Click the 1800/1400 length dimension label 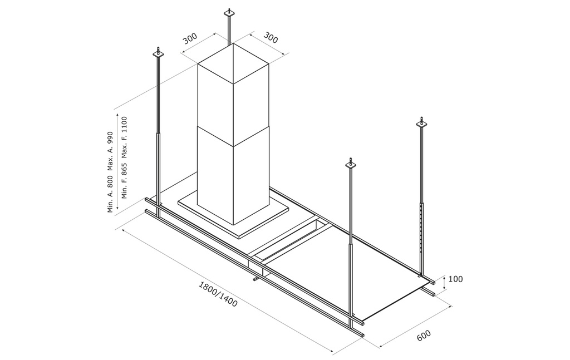218,294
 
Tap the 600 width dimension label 424,335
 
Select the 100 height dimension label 455,279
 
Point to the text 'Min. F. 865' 125,180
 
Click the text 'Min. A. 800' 111,194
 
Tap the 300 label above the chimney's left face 190,38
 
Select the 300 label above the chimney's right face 271,37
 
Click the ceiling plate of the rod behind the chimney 229,13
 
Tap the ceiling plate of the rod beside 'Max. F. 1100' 158,54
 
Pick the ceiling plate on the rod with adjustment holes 422,124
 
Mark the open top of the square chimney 233,63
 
